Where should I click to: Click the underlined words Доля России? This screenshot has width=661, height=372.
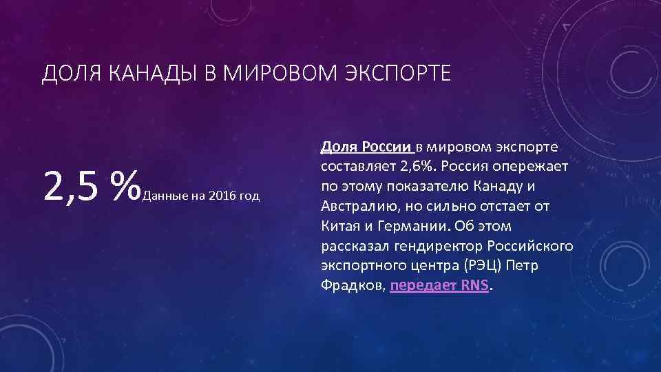[x=366, y=147]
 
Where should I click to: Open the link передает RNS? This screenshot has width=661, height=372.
[x=439, y=286]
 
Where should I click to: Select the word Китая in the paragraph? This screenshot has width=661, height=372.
[x=339, y=226]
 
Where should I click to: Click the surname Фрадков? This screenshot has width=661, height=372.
[x=352, y=286]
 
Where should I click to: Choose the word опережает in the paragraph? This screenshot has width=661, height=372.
[x=536, y=167]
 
